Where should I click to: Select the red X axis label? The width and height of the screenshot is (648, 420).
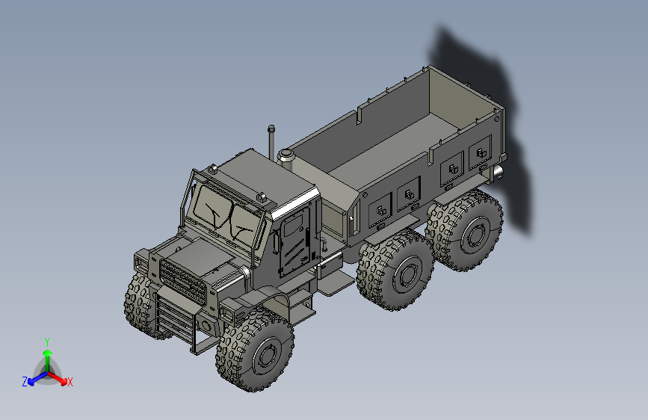click(x=70, y=382)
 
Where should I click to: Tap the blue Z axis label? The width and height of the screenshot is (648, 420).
click(x=25, y=381)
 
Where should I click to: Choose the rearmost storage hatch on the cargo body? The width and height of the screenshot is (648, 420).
click(x=478, y=157)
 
